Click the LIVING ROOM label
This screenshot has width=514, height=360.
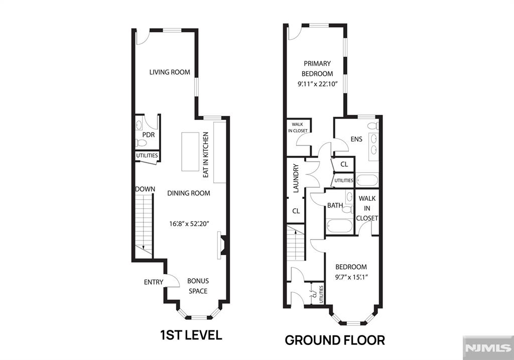[x=170, y=72]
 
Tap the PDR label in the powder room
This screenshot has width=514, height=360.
[x=148, y=135]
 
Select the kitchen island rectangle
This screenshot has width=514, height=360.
[x=190, y=152]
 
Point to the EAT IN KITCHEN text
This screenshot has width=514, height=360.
[x=206, y=155]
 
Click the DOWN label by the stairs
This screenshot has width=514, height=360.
[x=145, y=189]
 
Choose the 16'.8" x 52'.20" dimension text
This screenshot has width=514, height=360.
[x=189, y=224]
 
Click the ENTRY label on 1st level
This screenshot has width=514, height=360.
[x=154, y=282]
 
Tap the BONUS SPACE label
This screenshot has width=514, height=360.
[x=198, y=286]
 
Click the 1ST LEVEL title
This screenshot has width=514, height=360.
[x=191, y=335]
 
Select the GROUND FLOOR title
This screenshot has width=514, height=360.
[x=335, y=340]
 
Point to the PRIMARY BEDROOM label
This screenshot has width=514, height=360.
[x=317, y=68]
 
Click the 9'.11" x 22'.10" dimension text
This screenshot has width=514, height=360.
[x=318, y=84]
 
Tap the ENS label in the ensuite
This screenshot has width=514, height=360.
[x=356, y=139]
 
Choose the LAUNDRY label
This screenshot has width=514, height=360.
[x=296, y=178]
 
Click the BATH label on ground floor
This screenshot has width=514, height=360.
[x=335, y=205]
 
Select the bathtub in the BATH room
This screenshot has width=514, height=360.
[x=339, y=225]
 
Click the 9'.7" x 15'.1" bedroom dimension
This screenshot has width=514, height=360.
[x=351, y=277]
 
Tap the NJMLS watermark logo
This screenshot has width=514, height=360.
[x=488, y=348]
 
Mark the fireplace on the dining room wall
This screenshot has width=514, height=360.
[x=222, y=245]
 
